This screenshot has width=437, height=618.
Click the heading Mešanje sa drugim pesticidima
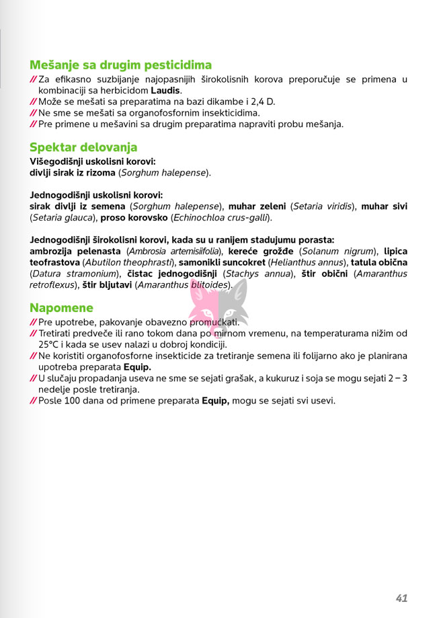(121, 65)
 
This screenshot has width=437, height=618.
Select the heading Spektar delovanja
(83, 147)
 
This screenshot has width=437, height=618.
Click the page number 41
(402, 579)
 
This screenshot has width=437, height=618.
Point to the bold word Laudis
(165, 90)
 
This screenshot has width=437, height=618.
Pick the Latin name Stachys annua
(259, 274)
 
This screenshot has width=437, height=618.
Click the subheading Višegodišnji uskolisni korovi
(93, 161)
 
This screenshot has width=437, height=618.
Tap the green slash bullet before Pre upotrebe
(34, 322)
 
